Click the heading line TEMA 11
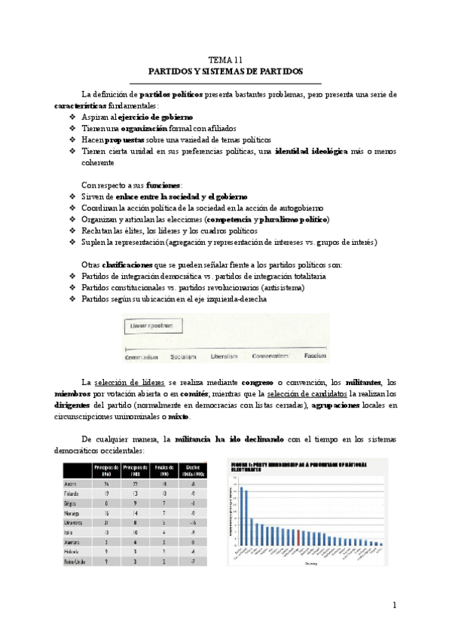(225, 60)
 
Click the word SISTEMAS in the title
(226, 72)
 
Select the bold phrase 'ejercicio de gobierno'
(155, 118)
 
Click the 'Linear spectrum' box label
(151, 326)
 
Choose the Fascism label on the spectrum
(315, 355)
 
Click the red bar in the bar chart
(299, 536)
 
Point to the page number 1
(394, 605)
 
